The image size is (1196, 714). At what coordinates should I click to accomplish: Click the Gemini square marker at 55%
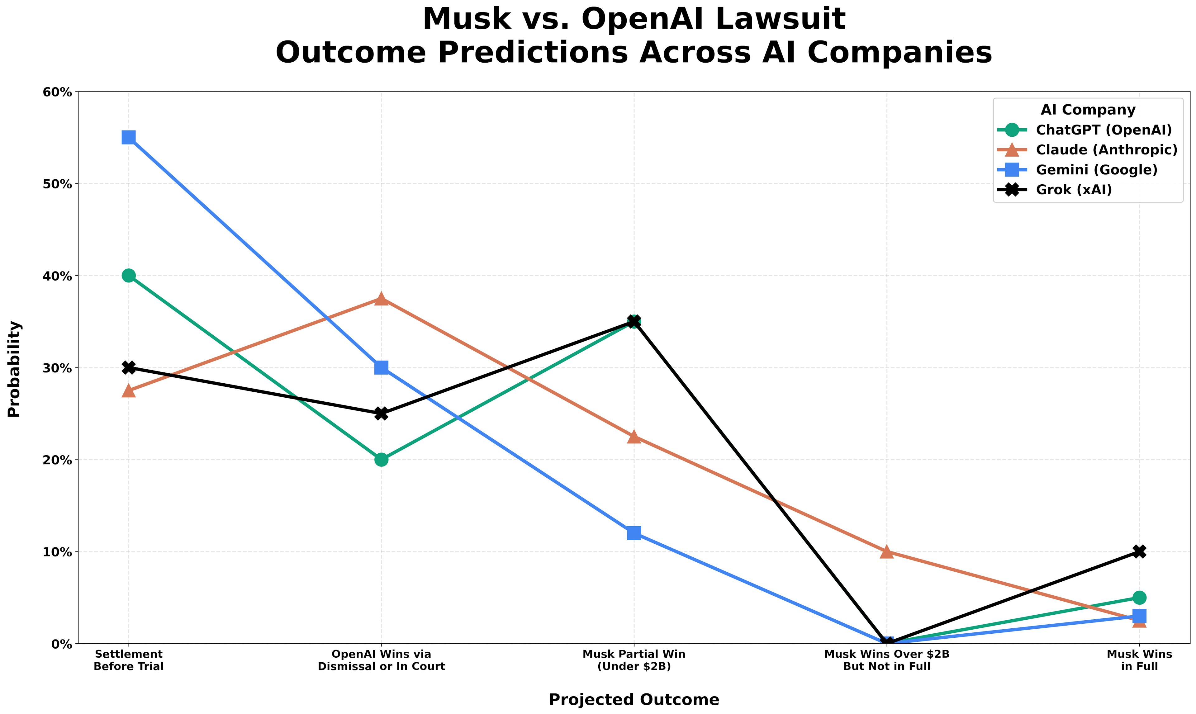point(128,138)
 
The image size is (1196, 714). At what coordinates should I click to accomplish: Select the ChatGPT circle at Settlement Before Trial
point(128,276)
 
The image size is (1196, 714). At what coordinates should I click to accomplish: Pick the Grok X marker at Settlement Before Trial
point(128,367)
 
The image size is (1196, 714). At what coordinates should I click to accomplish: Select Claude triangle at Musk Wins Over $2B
point(887,552)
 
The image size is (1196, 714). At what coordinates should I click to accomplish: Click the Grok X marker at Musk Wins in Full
point(1139,551)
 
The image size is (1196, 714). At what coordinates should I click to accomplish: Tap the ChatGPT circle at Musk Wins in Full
point(1139,598)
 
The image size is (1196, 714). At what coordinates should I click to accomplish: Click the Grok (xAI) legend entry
point(1074,190)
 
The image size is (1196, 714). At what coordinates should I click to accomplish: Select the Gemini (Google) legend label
point(1096,170)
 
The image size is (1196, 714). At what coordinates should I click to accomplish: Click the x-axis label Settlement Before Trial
point(128,660)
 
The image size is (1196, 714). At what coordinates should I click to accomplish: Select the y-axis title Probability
point(14,369)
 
